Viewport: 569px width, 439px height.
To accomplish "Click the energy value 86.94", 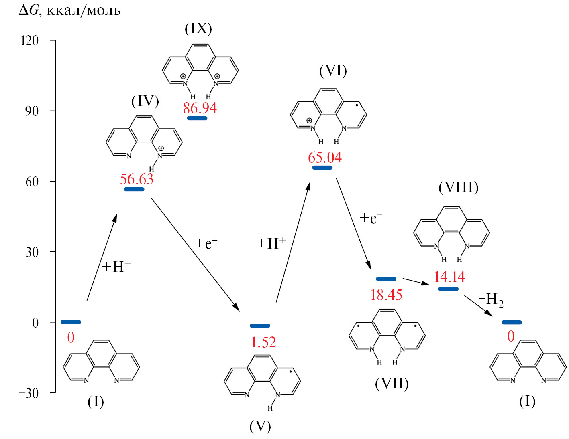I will point(200,108).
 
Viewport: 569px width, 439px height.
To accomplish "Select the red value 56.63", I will point(137,179).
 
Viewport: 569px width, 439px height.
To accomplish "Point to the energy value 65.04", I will point(325,158).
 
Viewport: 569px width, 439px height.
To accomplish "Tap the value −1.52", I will point(260,342).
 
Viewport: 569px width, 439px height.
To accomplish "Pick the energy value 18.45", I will point(386,295).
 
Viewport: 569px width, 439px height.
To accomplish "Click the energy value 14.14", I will point(449,277).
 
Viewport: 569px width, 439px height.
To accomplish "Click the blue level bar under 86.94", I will point(197,118).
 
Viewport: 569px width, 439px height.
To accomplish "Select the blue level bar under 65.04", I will point(322,168).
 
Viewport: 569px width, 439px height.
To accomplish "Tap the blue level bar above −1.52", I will point(260,326).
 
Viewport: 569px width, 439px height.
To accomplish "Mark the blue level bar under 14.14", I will point(449,289).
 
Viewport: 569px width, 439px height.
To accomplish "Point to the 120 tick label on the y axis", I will point(30,40).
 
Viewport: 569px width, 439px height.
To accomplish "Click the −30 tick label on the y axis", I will point(29,393).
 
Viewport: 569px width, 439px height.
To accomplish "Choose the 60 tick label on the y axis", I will point(32,182).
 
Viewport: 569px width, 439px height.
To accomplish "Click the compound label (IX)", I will point(198,28).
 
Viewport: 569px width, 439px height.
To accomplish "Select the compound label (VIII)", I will point(459,187).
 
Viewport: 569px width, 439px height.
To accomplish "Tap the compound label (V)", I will point(260,426).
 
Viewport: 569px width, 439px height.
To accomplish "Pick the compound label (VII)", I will point(392,384).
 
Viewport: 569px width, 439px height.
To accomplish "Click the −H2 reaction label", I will point(491,299).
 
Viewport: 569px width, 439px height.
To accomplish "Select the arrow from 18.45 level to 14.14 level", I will point(416,281).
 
